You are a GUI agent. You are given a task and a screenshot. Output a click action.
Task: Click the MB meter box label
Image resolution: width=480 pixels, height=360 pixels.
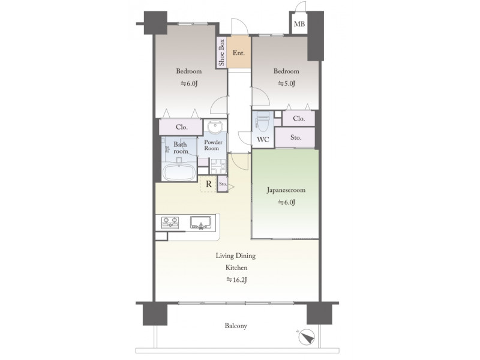[299, 23]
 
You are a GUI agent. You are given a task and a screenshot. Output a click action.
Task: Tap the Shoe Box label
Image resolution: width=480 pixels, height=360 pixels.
[221, 53]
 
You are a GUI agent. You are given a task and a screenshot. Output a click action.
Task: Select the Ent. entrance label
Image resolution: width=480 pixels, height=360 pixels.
[238, 53]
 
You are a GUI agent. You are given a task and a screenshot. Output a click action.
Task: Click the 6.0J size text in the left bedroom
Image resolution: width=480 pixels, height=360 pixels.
[189, 83]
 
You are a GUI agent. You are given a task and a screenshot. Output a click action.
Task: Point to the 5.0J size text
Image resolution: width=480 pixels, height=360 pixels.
[287, 83]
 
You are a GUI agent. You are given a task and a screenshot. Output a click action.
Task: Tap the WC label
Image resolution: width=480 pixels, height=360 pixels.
[263, 140]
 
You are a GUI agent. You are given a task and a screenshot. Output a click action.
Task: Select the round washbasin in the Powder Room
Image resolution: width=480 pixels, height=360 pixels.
[216, 125]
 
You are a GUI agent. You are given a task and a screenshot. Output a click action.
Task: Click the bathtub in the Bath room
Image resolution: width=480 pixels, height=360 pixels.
[179, 172]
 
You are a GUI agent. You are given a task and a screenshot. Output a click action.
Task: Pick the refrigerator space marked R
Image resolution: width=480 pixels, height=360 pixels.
[208, 184]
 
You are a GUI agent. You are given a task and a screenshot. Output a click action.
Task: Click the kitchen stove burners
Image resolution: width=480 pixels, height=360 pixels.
[170, 223]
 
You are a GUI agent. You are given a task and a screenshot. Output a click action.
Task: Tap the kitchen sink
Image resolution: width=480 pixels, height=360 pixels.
[201, 223]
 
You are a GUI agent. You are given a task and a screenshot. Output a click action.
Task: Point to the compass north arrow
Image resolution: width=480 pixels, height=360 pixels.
[307, 337]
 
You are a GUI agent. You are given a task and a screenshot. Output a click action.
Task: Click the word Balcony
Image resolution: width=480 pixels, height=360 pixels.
[236, 326]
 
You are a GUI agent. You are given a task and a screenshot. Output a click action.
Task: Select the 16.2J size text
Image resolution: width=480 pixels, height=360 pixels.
[236, 280]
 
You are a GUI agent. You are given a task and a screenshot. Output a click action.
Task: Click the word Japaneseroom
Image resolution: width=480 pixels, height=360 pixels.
[286, 190]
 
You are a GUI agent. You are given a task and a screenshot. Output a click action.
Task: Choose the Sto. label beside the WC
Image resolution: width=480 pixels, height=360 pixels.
[296, 138]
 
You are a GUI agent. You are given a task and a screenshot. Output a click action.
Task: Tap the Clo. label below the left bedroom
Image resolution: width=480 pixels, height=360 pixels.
[182, 127]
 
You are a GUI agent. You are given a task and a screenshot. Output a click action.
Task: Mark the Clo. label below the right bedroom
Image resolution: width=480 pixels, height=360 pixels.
[299, 118]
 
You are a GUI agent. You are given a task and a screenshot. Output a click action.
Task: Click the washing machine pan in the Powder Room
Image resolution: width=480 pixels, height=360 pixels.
[218, 166]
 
